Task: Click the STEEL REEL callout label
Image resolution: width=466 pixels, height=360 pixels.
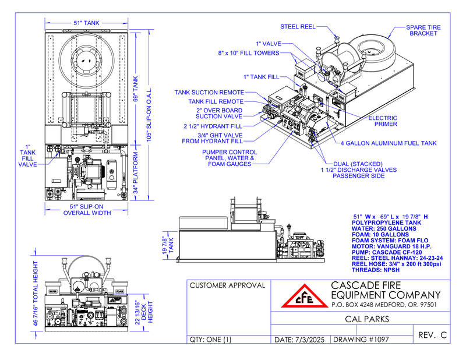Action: click(298, 26)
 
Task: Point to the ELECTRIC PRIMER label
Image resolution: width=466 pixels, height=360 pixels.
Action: click(384, 121)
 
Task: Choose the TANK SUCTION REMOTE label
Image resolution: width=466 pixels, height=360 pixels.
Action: click(209, 92)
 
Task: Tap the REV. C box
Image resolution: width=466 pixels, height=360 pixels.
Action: click(432, 335)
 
